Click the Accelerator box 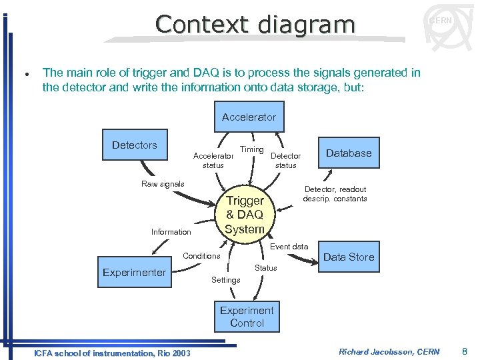(249, 117)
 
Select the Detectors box (134, 145)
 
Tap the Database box (349, 153)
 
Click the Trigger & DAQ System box (244, 215)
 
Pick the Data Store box (348, 257)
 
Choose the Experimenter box (134, 272)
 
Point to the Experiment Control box (247, 317)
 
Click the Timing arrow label (252, 149)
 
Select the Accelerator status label (213, 161)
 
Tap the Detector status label (285, 161)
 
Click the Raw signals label (163, 184)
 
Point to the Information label (171, 232)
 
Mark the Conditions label (201, 256)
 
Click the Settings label (225, 280)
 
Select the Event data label (289, 247)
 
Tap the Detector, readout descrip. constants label (335, 194)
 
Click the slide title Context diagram (255, 25)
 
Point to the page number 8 (465, 351)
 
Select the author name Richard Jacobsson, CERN (389, 351)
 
